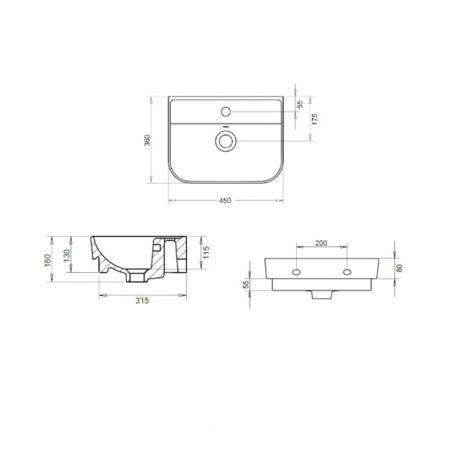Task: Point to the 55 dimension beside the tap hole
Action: click(300, 104)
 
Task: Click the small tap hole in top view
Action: click(225, 110)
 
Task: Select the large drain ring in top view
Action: click(225, 141)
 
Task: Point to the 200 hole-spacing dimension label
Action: click(322, 243)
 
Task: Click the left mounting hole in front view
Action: click(298, 272)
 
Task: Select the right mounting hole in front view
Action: click(347, 272)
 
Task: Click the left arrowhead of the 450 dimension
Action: click(170, 195)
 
